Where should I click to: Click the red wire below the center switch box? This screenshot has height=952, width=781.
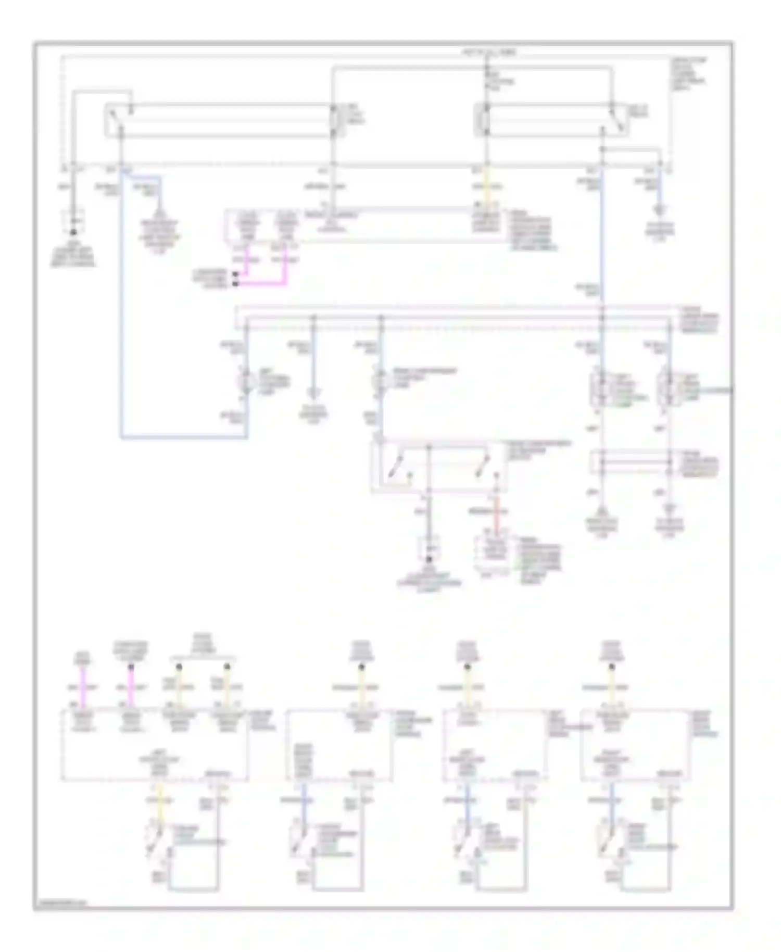coord(496,521)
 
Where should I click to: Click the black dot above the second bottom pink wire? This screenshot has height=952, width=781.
coord(131,667)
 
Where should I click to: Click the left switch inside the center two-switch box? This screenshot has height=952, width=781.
coord(398,466)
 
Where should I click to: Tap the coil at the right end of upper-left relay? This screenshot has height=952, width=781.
coord(333,121)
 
